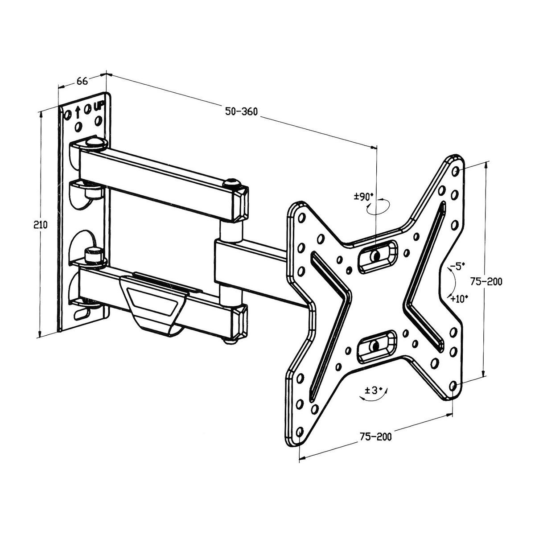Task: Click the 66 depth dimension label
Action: tap(82, 81)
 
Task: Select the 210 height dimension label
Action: tap(41, 225)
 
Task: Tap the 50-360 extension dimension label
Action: tap(241, 111)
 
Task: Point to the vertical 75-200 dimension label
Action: tap(486, 282)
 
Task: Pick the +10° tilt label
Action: tap(459, 299)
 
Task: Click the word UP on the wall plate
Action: tap(99, 107)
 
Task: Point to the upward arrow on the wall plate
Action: tap(78, 111)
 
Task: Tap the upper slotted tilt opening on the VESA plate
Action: tap(377, 255)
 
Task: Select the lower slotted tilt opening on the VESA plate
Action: tap(376, 345)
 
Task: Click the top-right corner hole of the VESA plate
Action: tap(455, 171)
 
